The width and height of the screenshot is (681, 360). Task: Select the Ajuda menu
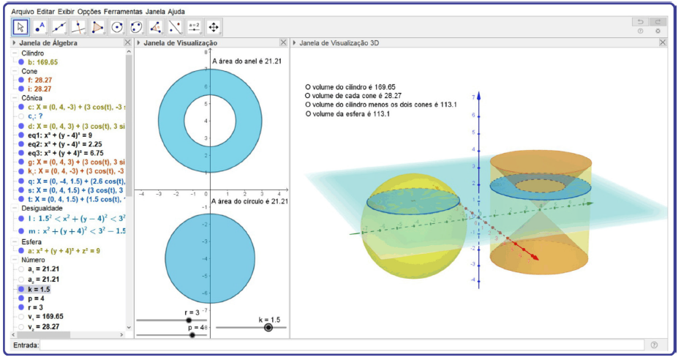[x=176, y=12]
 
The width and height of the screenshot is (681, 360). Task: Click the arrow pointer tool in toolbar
[x=20, y=28]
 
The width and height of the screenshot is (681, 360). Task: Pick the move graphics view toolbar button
[x=214, y=28]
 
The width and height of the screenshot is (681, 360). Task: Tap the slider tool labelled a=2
[x=194, y=28]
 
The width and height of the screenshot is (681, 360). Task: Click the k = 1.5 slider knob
[x=268, y=328]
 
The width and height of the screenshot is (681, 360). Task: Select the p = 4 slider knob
[x=192, y=335]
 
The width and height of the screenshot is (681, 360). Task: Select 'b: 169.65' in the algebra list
[x=42, y=62]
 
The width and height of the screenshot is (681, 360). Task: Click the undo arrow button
[x=641, y=22]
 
